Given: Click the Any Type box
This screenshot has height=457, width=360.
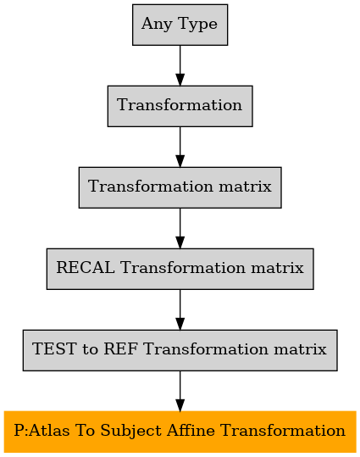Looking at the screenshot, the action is (180, 25).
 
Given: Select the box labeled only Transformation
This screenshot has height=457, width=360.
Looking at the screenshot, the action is (180, 106).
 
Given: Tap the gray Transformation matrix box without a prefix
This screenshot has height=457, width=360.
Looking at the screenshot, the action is (180, 187).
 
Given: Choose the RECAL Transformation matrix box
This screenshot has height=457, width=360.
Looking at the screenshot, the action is (180, 269).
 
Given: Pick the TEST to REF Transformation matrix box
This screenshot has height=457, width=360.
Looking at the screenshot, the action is (180, 350).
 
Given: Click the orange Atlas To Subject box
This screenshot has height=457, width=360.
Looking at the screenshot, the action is (180, 432).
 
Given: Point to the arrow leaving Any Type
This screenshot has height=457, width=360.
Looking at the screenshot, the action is (180, 65).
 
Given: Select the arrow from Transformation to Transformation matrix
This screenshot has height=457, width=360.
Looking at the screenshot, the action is (180, 147).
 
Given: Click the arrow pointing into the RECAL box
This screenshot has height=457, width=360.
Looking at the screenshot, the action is (180, 228).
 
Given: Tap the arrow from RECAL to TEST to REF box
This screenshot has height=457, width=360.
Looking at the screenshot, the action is (180, 309).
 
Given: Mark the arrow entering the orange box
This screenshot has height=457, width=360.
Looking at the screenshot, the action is (180, 391).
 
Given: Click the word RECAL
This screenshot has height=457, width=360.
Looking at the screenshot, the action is (86, 268).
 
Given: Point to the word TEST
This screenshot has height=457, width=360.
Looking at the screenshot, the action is (54, 348).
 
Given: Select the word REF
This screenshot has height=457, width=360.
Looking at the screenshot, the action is (120, 348).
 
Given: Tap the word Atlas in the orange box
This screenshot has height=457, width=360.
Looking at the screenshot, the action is (49, 431).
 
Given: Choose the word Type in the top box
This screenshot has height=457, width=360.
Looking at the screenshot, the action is (197, 25).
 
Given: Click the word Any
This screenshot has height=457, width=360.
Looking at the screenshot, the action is (157, 25).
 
